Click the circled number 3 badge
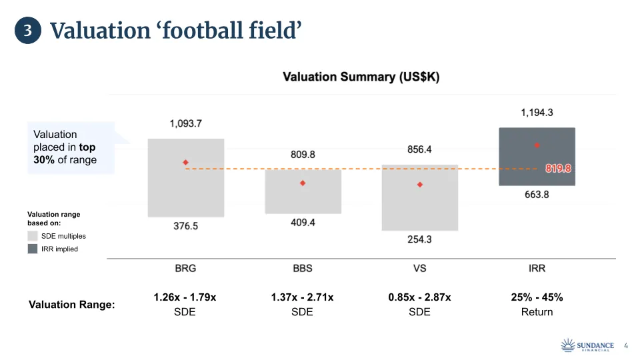[x=28, y=31]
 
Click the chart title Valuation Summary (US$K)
[x=361, y=77]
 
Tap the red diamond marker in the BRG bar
[x=186, y=162]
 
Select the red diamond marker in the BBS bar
[x=303, y=183]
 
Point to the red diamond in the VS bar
[x=420, y=185]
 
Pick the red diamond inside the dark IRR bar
[x=537, y=145]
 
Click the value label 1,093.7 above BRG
[x=186, y=124]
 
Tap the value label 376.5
[x=186, y=226]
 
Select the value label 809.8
[x=303, y=155]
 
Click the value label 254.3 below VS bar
[x=420, y=239]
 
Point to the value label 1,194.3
[x=537, y=113]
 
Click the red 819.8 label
[x=559, y=169]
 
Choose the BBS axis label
[x=303, y=268]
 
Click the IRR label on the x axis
[x=537, y=268]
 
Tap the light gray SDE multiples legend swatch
[x=33, y=236]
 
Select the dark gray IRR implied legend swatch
[x=33, y=249]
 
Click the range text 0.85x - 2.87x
[x=419, y=297]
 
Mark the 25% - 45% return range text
[x=537, y=297]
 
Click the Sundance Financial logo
[x=587, y=345]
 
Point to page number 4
[x=625, y=345]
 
